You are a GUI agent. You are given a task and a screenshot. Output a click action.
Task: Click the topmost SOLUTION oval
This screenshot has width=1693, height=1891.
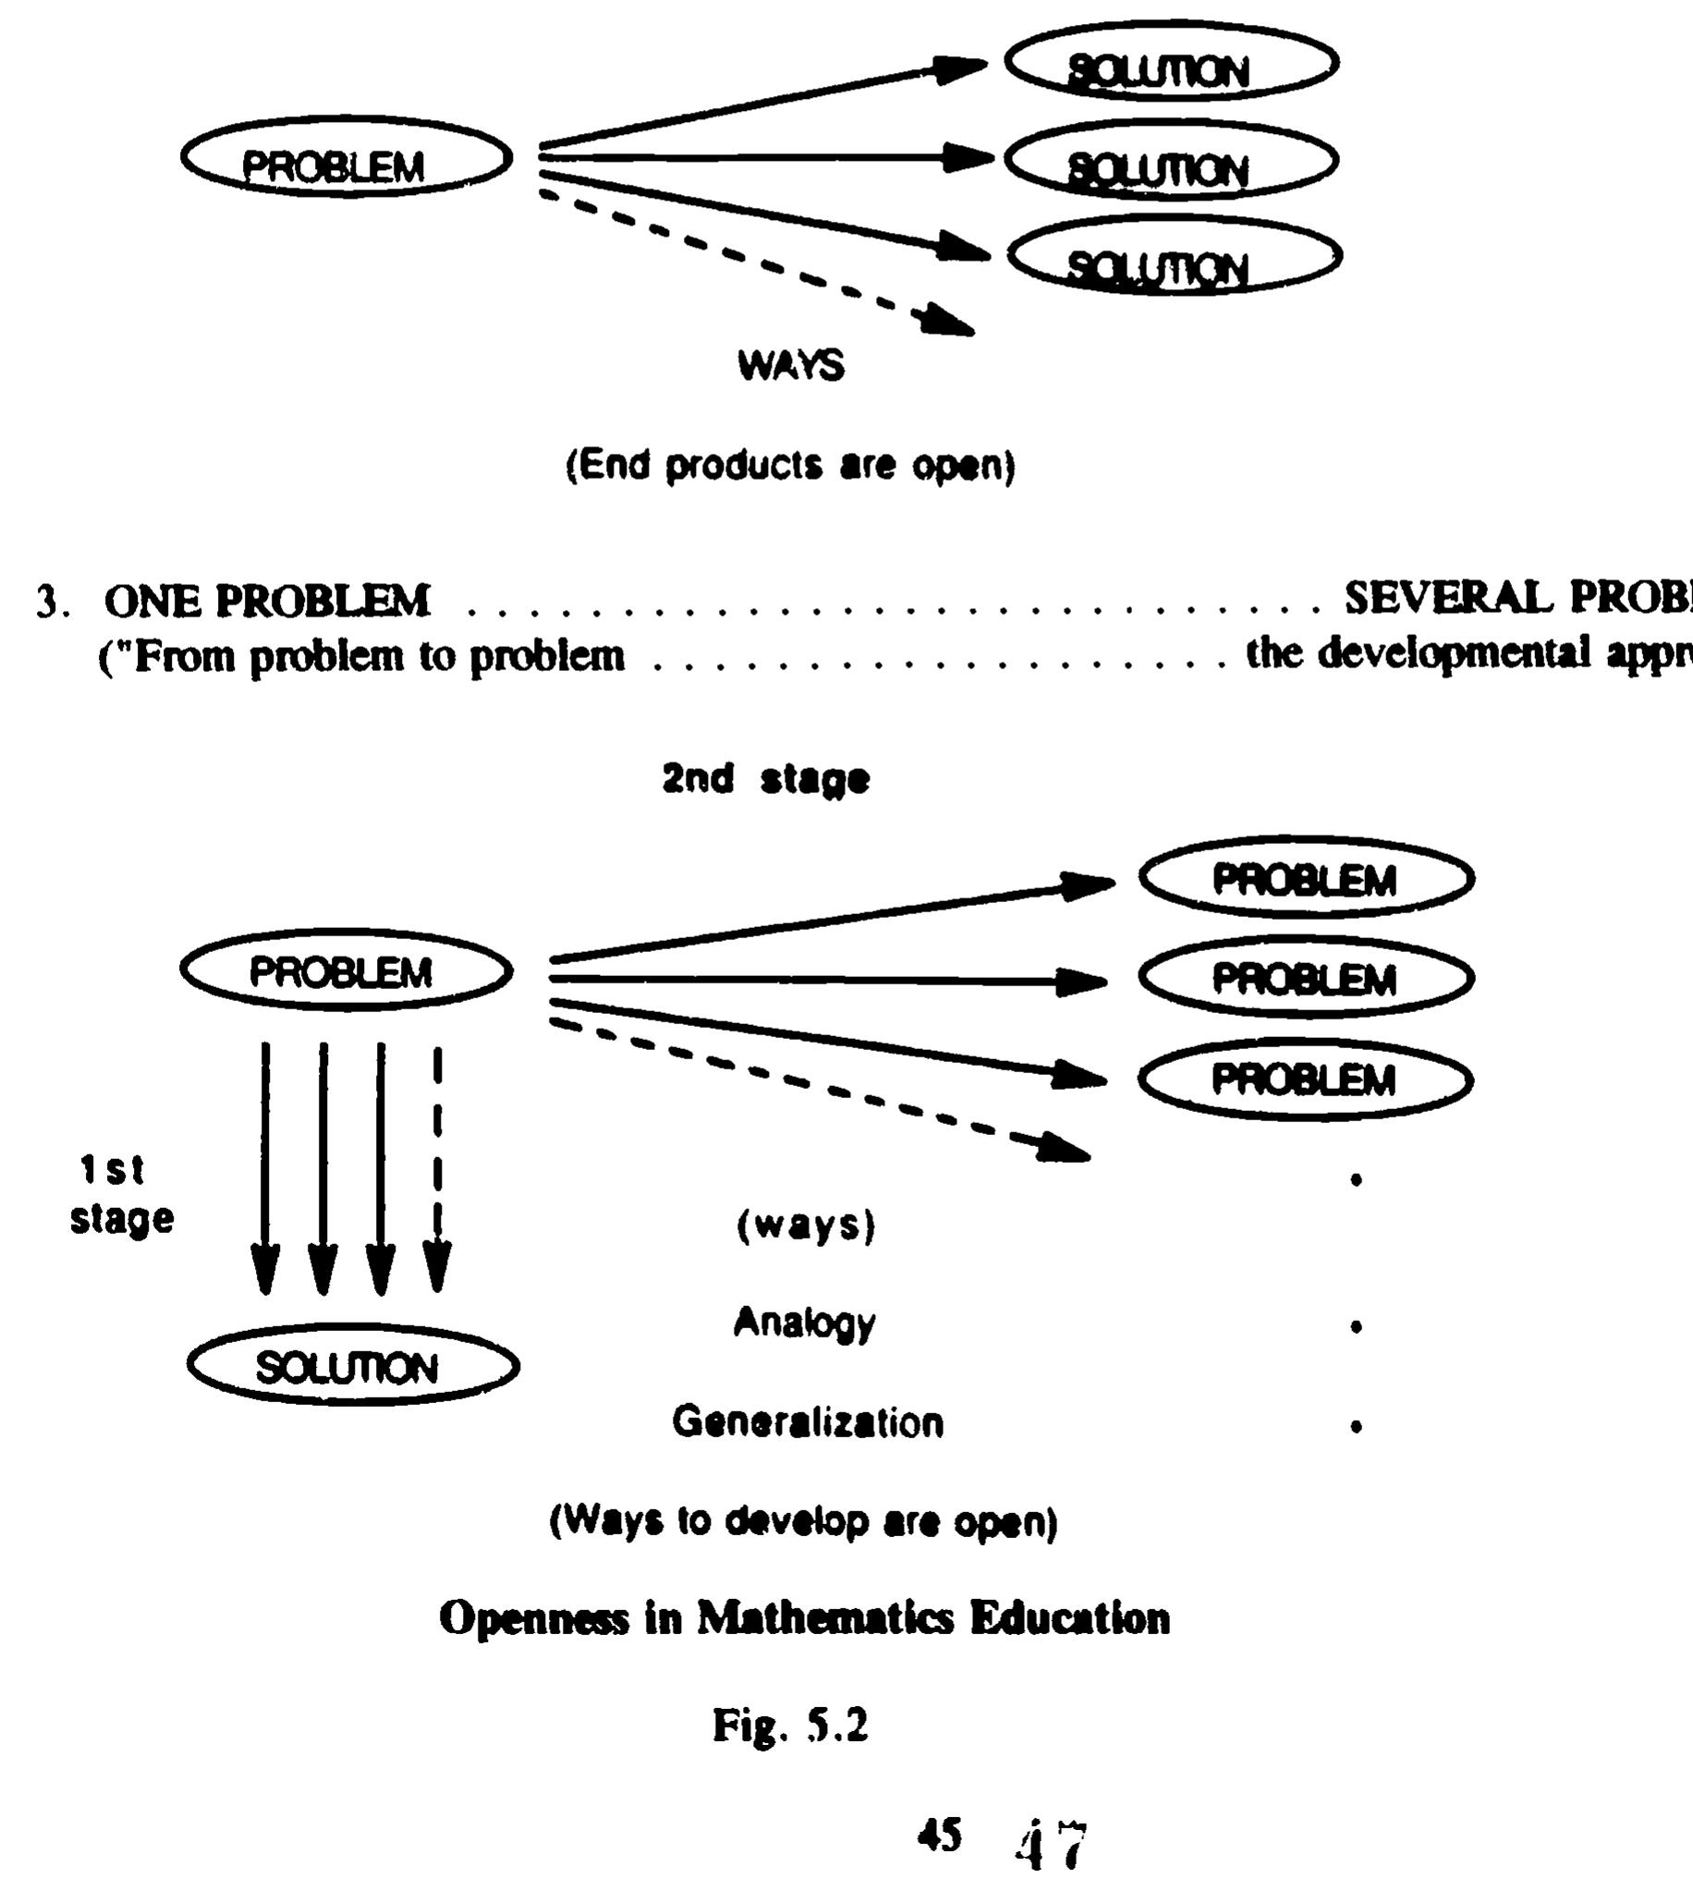click(1171, 63)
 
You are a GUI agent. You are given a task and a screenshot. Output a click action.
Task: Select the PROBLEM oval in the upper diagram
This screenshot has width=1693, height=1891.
click(346, 158)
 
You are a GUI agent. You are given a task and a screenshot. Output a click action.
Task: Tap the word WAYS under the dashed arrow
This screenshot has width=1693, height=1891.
click(791, 365)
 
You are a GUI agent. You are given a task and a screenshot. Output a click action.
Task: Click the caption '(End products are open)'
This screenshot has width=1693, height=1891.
click(791, 464)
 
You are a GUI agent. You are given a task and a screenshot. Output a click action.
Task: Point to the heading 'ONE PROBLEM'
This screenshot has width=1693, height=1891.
click(267, 601)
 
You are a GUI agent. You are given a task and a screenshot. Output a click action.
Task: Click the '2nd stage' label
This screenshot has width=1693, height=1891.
click(765, 778)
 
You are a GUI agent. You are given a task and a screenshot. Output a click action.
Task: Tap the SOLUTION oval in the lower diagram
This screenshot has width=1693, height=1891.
click(352, 1365)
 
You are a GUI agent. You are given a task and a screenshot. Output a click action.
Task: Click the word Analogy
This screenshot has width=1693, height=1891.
click(805, 1323)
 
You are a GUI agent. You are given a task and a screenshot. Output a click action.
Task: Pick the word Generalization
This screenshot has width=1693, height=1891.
click(808, 1422)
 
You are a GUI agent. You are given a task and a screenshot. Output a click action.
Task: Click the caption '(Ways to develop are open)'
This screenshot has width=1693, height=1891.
click(804, 1521)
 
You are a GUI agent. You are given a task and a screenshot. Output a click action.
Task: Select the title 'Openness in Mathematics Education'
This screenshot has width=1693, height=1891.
click(804, 1618)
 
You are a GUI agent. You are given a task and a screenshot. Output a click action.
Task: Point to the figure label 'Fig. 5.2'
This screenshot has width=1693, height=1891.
click(791, 1726)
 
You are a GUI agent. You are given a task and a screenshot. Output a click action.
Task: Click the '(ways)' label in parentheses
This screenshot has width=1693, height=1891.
click(806, 1226)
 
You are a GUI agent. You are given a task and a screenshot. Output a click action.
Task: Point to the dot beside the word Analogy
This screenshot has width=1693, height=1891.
click(1357, 1327)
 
